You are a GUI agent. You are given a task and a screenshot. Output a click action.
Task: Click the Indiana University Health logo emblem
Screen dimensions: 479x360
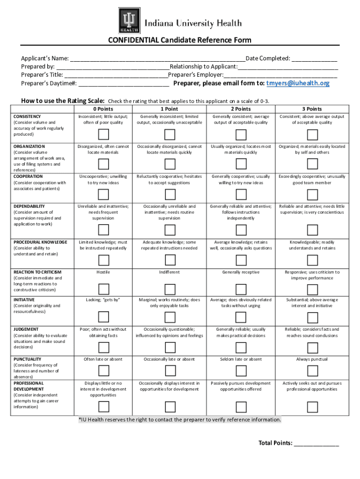coord(129,21)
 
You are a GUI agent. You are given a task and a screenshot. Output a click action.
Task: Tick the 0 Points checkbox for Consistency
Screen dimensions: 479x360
coord(104,135)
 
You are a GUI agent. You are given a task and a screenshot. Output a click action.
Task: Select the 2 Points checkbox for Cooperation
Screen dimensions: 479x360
coord(241,194)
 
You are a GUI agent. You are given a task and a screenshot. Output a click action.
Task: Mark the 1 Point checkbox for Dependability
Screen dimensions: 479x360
coord(169,230)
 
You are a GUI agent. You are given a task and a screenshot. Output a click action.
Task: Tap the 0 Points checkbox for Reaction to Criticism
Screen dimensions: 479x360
coord(104,289)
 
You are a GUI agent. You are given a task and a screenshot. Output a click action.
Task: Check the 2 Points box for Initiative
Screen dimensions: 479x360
coord(241,318)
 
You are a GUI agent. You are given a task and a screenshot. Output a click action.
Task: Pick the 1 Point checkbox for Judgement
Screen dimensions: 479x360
coord(169,347)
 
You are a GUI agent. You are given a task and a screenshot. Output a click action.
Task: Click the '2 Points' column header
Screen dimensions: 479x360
coord(241,109)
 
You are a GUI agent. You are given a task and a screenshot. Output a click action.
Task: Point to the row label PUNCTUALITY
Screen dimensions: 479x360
coord(27,359)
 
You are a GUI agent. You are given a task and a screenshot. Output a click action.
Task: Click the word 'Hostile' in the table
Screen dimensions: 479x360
coord(103,272)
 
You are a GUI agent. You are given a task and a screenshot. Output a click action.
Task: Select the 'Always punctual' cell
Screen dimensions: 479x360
coord(312,359)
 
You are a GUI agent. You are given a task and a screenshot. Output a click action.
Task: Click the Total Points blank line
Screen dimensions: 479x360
coord(316,443)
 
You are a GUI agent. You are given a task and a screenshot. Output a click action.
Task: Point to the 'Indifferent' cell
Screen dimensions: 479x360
coord(169,272)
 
